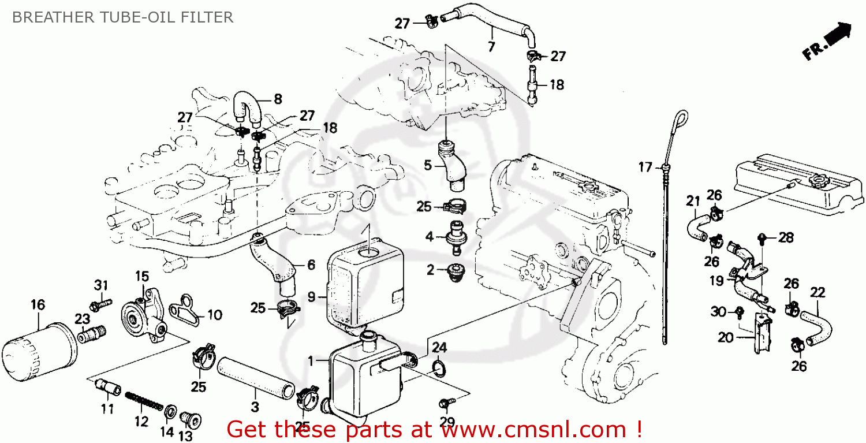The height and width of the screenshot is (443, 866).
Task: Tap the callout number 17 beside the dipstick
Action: pyautogui.click(x=645, y=168)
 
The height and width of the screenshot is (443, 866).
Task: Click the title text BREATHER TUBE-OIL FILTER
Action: pyautogui.click(x=122, y=17)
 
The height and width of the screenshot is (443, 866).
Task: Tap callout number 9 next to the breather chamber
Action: pyautogui.click(x=311, y=297)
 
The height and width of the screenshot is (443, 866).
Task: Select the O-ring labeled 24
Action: pyautogui.click(x=438, y=368)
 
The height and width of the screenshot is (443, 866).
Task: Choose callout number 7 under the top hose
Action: pyautogui.click(x=491, y=47)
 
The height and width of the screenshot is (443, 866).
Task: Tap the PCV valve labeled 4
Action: pyautogui.click(x=454, y=239)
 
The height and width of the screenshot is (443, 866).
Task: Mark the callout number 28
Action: pyautogui.click(x=786, y=237)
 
